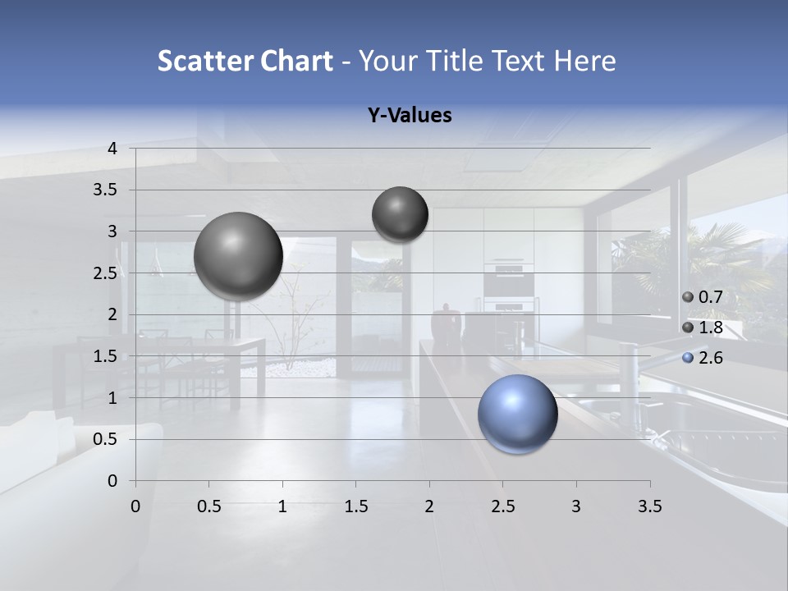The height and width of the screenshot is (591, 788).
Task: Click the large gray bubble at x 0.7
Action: click(x=238, y=256)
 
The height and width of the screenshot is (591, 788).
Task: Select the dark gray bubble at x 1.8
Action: click(x=400, y=214)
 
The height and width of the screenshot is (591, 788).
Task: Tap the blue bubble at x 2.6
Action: click(x=517, y=414)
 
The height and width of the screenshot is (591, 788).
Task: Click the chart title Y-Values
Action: click(x=409, y=116)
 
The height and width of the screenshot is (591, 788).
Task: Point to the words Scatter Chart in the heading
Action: click(x=245, y=61)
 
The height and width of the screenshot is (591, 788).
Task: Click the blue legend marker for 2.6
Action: click(x=688, y=358)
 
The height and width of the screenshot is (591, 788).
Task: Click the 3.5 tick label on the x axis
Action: click(x=649, y=506)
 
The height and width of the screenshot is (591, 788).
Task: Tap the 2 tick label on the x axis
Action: click(x=429, y=506)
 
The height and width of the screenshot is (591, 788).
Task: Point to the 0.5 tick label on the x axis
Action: click(x=209, y=506)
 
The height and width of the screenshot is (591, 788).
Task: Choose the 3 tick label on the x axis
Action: click(x=576, y=506)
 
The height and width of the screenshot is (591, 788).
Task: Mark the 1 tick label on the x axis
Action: click(x=282, y=506)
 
